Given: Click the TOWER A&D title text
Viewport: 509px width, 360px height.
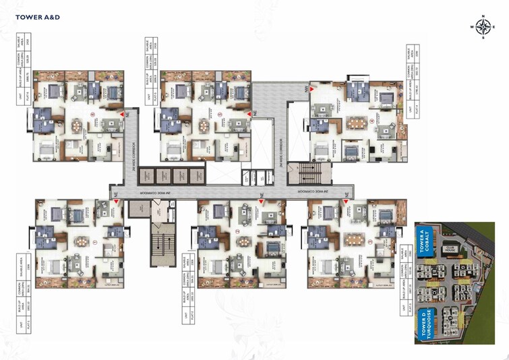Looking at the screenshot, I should [38, 16].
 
